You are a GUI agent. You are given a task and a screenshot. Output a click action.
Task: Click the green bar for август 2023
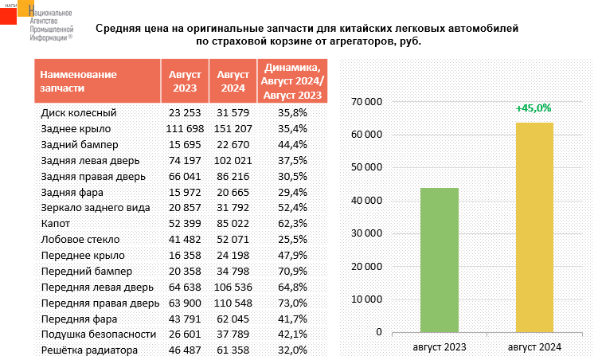tap(440, 260)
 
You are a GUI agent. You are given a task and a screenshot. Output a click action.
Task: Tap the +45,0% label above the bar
tap(533, 108)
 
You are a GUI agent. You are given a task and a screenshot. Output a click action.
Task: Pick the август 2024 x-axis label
tap(534, 347)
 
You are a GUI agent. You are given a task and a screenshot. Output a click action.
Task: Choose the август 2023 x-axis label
tap(440, 347)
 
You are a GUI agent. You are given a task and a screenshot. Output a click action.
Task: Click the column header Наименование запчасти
tap(78, 81)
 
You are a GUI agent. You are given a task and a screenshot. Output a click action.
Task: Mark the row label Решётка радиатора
tap(89, 350)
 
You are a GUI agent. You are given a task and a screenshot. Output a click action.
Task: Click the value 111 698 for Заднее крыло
tap(185, 128)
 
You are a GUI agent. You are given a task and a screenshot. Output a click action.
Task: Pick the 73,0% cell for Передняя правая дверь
tap(292, 303)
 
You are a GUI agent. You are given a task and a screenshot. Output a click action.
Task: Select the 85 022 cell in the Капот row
tap(234, 224)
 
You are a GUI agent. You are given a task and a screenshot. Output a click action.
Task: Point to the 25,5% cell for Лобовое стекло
tap(292, 239)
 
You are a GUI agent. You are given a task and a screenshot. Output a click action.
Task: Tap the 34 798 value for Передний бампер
tap(234, 271)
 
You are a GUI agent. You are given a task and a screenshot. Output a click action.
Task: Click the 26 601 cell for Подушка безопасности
tap(185, 335)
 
